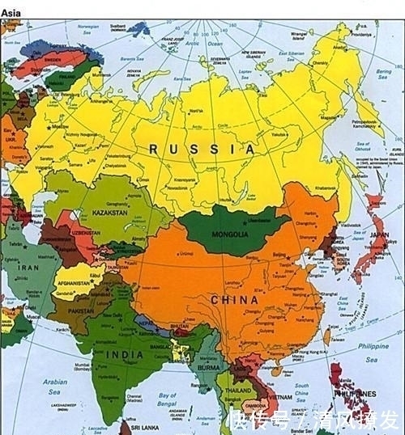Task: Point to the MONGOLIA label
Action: coord(231,234)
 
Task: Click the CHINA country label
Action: coord(235,300)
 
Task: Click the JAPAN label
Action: coord(378,235)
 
